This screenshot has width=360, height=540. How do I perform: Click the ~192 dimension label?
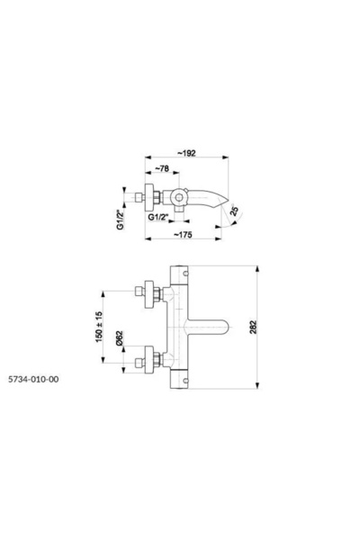pos(187,153)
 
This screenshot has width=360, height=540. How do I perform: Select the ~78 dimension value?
pos(162,168)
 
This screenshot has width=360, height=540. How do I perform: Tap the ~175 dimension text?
pos(183,235)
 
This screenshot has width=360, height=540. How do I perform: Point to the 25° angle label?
pos(234,211)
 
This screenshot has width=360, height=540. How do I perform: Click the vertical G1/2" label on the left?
pos(121,220)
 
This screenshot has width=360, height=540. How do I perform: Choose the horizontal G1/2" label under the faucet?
pos(158,217)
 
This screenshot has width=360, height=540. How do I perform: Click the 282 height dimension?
pos(253,328)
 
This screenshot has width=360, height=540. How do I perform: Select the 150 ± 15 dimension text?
pos(99,327)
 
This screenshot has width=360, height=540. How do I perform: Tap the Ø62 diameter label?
pos(119,337)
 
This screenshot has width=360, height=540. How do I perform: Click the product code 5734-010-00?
pos(33,379)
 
